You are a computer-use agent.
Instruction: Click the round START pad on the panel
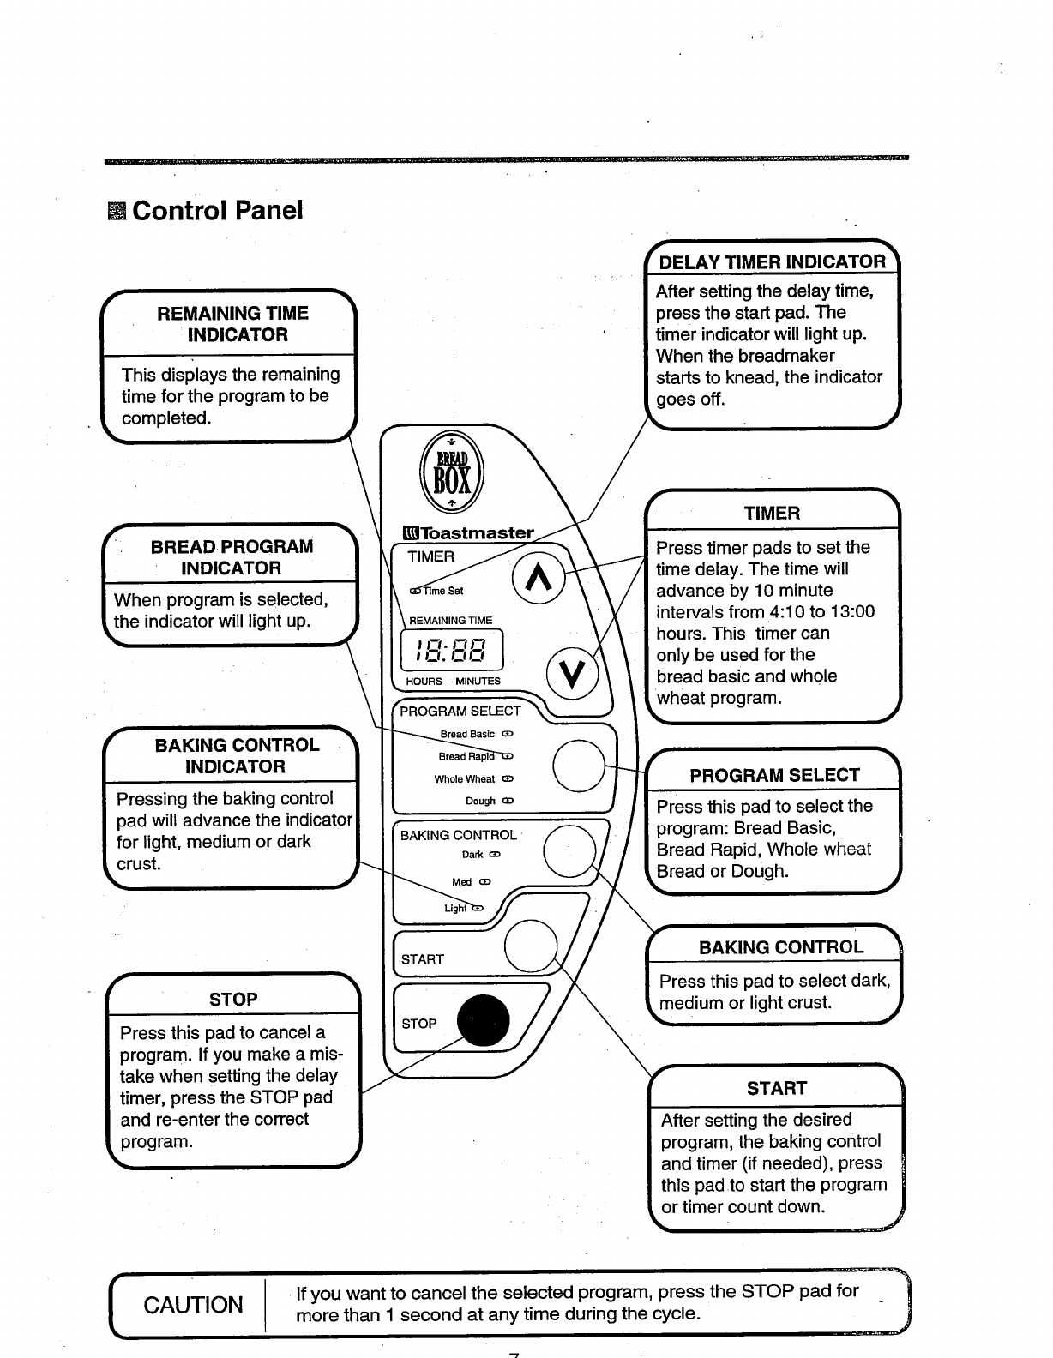pyautogui.click(x=532, y=946)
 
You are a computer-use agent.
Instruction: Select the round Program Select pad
pyautogui.click(x=580, y=764)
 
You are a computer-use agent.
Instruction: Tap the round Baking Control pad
pyautogui.click(x=570, y=850)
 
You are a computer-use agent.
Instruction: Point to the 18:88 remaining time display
pyautogui.click(x=451, y=650)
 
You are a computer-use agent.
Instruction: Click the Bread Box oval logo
pyautogui.click(x=451, y=476)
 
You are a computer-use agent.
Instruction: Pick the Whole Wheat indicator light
pyautogui.click(x=508, y=779)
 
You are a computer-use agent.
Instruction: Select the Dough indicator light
pyautogui.click(x=508, y=801)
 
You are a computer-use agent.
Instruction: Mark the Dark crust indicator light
pyautogui.click(x=495, y=855)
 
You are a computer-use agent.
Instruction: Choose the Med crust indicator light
pyautogui.click(x=484, y=882)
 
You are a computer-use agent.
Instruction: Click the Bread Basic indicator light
pyautogui.click(x=507, y=734)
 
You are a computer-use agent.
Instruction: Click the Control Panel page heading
pyautogui.click(x=217, y=211)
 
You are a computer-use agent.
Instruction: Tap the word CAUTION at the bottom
pyautogui.click(x=193, y=1305)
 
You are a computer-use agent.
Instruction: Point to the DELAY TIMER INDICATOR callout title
pyautogui.click(x=772, y=262)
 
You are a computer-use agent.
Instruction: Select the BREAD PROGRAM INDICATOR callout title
pyautogui.click(x=232, y=557)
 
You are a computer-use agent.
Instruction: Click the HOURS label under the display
pyautogui.click(x=424, y=682)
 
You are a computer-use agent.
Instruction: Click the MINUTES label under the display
pyautogui.click(x=478, y=682)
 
